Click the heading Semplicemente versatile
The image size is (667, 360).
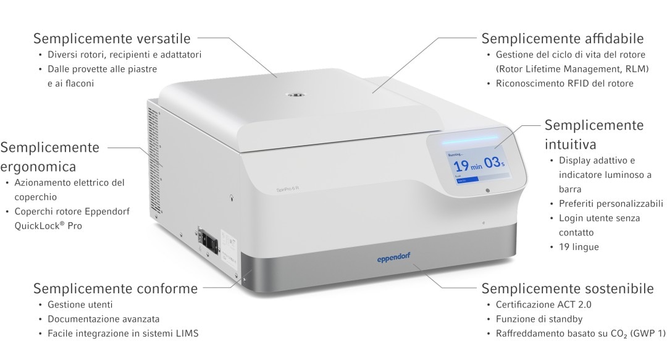(112, 38)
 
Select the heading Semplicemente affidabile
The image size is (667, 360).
(563, 38)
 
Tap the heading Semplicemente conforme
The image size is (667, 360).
(115, 288)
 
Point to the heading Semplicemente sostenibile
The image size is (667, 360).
(568, 288)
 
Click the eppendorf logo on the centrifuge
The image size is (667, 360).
(393, 258)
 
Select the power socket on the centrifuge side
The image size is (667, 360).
(208, 241)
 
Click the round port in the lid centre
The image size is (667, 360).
(293, 94)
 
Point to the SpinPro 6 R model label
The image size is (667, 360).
(288, 189)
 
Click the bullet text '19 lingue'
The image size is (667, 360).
(579, 247)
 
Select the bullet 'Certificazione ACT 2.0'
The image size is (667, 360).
(543, 304)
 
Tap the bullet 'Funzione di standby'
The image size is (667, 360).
(539, 319)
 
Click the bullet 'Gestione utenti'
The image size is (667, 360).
(80, 304)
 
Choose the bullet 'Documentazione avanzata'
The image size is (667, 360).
(103, 319)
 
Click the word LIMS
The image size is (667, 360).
(187, 333)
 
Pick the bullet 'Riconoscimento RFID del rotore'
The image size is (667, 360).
(564, 83)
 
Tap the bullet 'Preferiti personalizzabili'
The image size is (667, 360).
(611, 204)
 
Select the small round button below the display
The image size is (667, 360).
(487, 190)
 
